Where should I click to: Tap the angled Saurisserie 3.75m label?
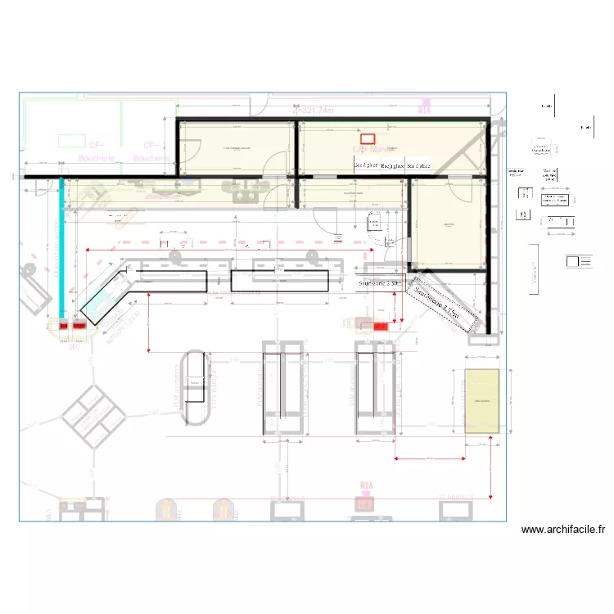click(442, 309)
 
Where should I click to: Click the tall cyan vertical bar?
click(61, 246)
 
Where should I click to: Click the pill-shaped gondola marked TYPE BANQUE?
click(195, 386)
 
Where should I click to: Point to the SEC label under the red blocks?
click(74, 346)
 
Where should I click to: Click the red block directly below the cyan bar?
click(64, 326)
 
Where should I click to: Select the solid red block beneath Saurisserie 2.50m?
click(381, 326)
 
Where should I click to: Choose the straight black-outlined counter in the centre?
click(279, 281)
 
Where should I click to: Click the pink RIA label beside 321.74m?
click(424, 110)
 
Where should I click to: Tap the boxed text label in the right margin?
click(556, 201)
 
